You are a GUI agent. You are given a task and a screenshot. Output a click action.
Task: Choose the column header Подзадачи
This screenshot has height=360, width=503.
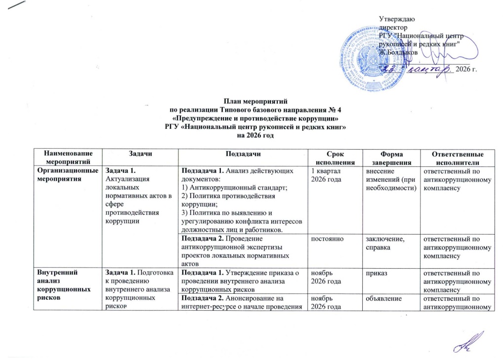(x=242, y=154)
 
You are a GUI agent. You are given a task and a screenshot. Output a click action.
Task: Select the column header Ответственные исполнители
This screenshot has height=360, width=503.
(x=455, y=158)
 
